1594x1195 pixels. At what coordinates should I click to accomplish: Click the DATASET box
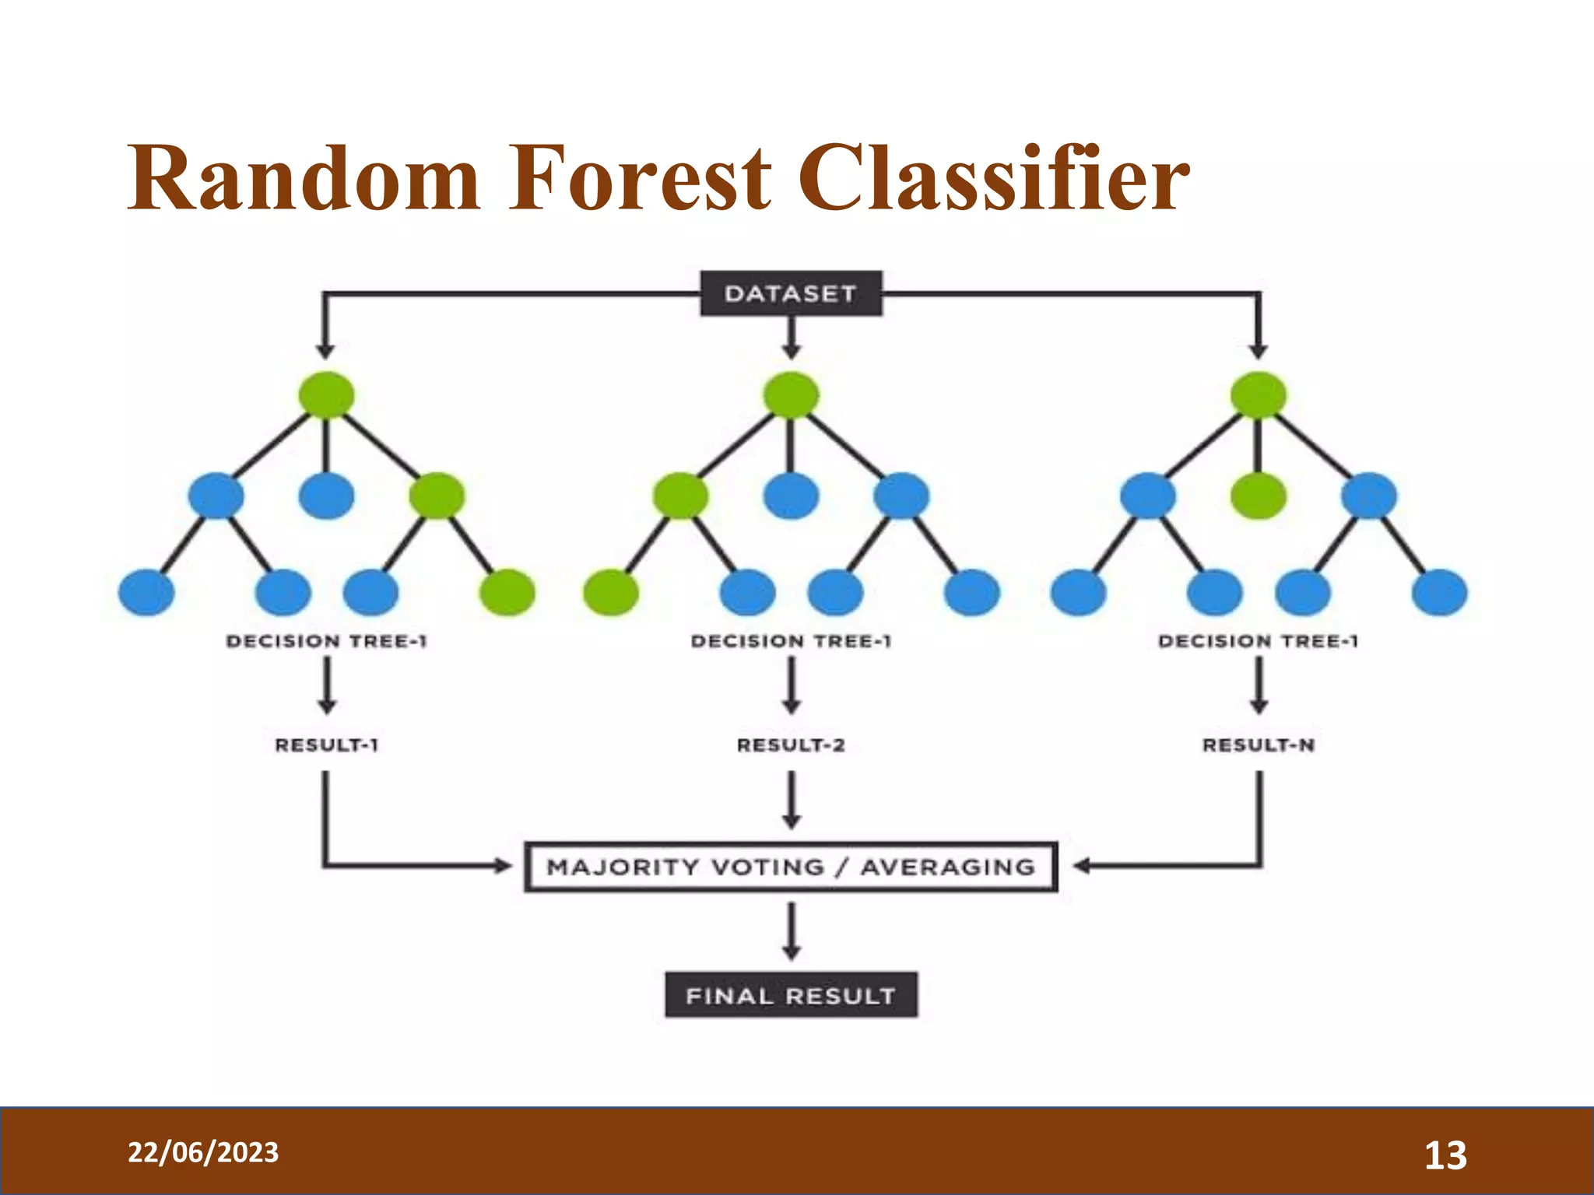point(791,293)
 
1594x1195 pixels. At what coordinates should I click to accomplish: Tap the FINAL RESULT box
point(791,995)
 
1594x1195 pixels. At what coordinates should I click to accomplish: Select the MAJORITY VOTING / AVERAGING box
point(791,867)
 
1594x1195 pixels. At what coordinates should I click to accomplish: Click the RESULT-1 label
point(326,745)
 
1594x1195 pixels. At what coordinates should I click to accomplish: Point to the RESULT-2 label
point(791,745)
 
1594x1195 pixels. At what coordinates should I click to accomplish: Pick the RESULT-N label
point(1259,745)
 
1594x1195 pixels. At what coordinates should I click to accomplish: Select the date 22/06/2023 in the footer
point(203,1152)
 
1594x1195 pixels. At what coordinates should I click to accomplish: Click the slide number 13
point(1445,1155)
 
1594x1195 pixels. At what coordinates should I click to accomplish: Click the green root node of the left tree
point(326,395)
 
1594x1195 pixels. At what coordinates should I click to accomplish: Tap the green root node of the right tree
point(1259,395)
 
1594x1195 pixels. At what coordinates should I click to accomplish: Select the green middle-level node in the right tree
point(1259,496)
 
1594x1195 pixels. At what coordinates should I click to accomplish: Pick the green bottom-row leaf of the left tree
point(507,592)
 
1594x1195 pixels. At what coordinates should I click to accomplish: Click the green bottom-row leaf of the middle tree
point(611,592)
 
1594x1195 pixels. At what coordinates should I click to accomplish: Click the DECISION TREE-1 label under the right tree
point(1259,641)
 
